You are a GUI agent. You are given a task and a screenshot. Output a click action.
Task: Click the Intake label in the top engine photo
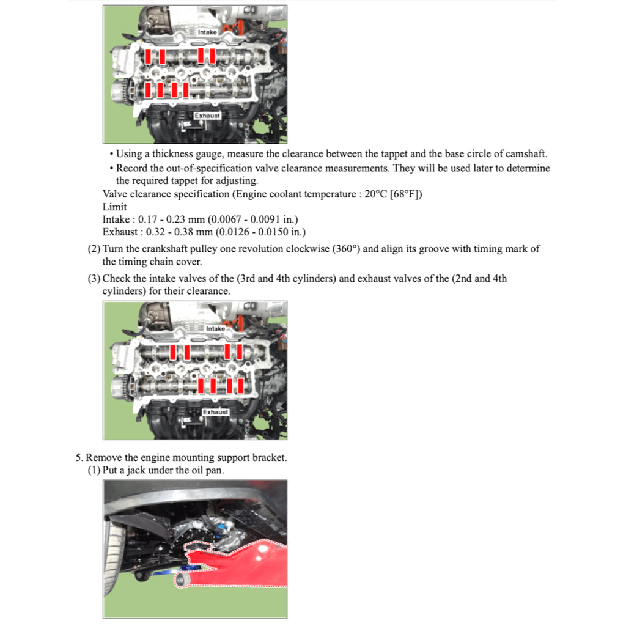[x=207, y=31]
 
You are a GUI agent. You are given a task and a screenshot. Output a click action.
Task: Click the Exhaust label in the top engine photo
[x=207, y=115]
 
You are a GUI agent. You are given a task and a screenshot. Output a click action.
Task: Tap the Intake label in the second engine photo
[x=215, y=329]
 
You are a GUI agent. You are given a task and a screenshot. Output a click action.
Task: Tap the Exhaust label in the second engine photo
[x=215, y=412]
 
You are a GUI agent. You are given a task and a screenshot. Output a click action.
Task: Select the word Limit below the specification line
[x=115, y=207]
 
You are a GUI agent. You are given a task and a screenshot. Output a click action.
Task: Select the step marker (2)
[x=94, y=249]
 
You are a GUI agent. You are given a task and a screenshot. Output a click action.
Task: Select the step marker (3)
[x=94, y=279]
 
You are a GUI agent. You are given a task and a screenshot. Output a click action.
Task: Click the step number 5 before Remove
[x=78, y=457]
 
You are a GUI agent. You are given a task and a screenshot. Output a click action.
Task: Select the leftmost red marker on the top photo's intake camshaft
[x=149, y=56]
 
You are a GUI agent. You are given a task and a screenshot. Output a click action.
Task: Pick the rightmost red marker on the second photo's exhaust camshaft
[x=241, y=385]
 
